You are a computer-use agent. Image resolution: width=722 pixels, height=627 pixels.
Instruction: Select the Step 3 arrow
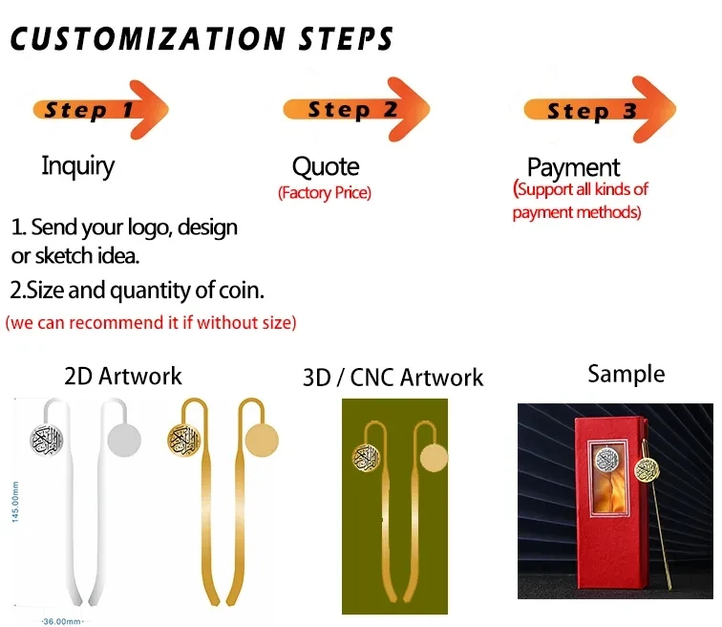[600, 110]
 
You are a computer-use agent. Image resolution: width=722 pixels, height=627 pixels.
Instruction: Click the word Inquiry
[77, 166]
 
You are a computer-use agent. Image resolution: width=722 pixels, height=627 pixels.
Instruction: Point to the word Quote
[326, 166]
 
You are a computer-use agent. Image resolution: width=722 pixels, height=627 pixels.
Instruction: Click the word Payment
[573, 167]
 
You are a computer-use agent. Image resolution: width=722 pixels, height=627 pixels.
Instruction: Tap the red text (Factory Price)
[325, 192]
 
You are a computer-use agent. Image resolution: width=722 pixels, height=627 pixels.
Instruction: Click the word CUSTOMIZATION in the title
[148, 38]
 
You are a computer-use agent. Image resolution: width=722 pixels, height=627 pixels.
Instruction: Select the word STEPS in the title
[346, 38]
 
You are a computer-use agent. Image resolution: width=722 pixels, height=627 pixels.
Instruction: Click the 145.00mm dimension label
[15, 502]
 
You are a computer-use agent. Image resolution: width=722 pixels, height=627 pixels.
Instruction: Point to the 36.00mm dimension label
[62, 621]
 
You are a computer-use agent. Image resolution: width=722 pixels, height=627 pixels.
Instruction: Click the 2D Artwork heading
[123, 376]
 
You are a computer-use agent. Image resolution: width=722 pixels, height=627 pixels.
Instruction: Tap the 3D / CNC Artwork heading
[393, 378]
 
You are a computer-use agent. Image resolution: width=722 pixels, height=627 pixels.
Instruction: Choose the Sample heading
[626, 374]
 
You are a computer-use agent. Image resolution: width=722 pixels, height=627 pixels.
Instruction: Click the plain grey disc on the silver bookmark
[124, 440]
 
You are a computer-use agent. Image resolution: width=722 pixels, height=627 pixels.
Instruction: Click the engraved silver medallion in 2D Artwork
[47, 440]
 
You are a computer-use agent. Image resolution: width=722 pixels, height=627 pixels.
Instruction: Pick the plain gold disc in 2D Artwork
[262, 440]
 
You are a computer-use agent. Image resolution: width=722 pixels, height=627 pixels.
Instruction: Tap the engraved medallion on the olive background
[366, 458]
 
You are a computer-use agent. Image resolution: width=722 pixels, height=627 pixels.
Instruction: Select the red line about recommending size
[151, 322]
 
